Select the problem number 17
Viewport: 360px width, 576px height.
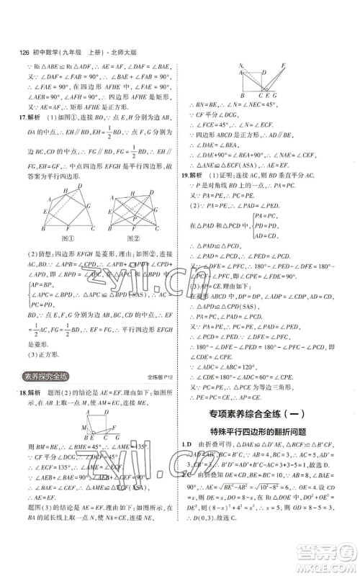click(24, 117)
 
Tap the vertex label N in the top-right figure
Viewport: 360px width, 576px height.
click(241, 66)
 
